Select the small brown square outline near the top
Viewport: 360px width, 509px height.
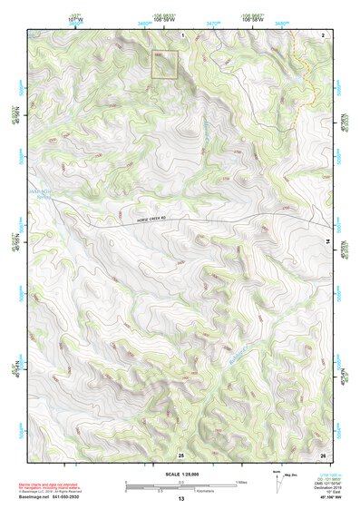(x=163, y=64)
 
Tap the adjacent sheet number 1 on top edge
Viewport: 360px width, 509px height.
(x=182, y=34)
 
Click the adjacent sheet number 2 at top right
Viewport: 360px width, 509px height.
(x=323, y=34)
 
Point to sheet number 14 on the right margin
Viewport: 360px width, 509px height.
(x=327, y=240)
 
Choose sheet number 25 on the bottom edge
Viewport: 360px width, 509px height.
(x=180, y=454)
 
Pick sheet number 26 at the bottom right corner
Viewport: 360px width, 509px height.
(x=323, y=454)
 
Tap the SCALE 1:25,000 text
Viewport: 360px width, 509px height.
(x=180, y=474)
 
